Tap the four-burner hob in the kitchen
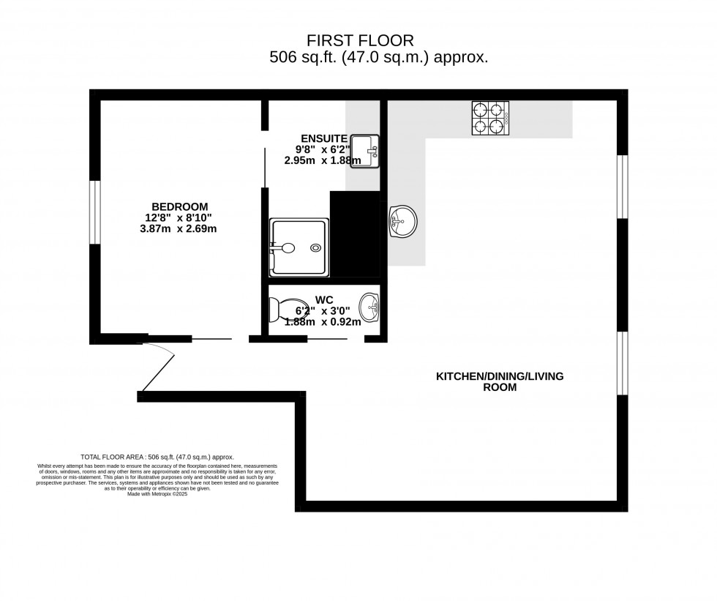(490, 119)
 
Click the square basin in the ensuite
(364, 152)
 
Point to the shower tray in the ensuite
(299, 247)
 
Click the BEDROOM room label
(179, 206)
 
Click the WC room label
(325, 299)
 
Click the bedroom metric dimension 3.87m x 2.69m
(179, 228)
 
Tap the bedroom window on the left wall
(94, 212)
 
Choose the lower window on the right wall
(622, 364)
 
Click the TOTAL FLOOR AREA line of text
(157, 456)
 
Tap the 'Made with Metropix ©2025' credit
(157, 494)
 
